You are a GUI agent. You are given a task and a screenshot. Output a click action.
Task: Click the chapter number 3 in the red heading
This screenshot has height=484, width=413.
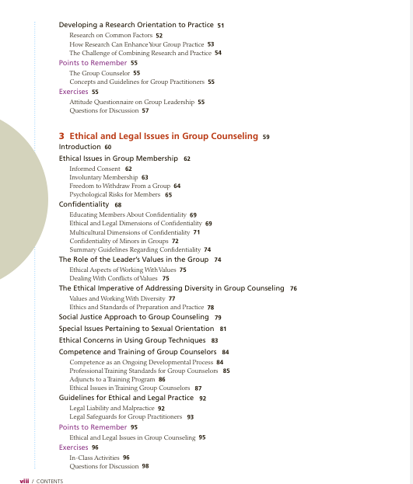pos(61,136)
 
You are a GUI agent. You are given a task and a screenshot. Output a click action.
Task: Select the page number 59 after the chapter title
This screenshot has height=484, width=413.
pos(267,137)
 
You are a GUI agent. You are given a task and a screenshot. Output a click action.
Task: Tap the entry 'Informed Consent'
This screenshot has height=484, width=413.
pos(96,169)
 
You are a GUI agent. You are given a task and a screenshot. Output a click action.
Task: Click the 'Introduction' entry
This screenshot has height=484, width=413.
pos(80,147)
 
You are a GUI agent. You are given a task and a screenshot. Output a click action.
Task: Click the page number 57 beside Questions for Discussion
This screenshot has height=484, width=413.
pos(145,111)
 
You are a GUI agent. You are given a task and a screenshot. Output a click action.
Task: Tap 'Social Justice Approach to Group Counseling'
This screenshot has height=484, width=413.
pos(134,318)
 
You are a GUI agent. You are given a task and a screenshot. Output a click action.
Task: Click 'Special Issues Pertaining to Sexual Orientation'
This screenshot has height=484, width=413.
pos(136,329)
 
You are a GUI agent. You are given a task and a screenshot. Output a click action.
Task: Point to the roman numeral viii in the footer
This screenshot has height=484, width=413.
pos(24,481)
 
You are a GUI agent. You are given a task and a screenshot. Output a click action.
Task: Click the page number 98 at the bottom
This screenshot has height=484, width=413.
pos(145,466)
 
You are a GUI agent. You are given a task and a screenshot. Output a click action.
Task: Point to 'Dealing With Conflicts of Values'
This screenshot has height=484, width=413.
pos(114,278)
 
